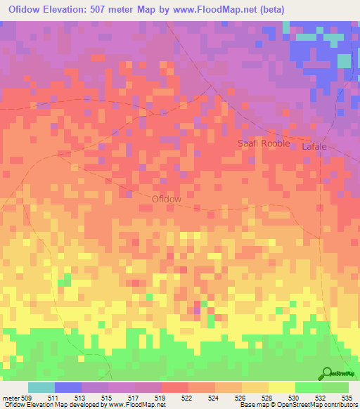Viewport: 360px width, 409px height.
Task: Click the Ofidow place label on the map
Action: (167, 199)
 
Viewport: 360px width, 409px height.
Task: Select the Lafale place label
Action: (314, 147)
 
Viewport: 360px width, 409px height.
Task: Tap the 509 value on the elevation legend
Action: (27, 398)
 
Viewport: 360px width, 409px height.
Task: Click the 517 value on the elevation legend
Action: (132, 398)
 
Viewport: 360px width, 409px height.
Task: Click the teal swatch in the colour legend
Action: (41, 387)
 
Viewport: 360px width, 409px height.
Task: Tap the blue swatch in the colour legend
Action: (68, 387)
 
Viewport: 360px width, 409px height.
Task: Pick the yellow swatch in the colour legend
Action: (281, 387)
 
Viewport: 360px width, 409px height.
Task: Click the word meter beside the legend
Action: (11, 398)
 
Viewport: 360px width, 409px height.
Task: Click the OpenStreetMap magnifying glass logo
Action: (326, 372)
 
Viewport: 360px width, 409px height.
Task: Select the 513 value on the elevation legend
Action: (79, 398)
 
